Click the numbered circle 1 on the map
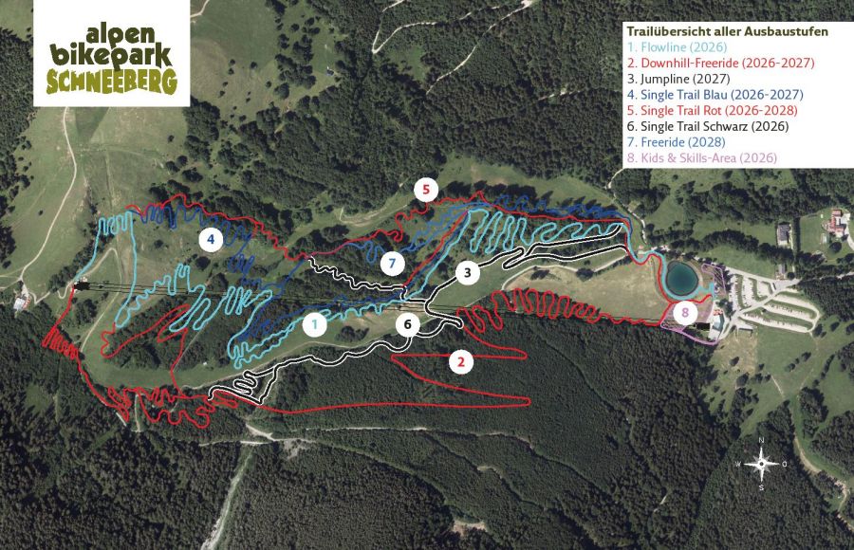pyautogui.click(x=316, y=324)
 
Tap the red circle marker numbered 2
pyautogui.click(x=461, y=361)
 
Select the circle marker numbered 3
pyautogui.click(x=467, y=273)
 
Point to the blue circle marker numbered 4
pyautogui.click(x=211, y=239)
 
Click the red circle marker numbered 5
pyautogui.click(x=426, y=190)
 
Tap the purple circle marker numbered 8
pyautogui.click(x=684, y=312)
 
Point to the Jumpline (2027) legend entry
pyautogui.click(x=677, y=79)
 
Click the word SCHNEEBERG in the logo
pyautogui.click(x=106, y=82)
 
